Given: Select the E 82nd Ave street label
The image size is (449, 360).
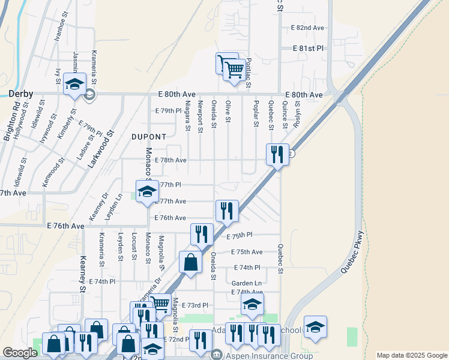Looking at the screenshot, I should [x=307, y=28].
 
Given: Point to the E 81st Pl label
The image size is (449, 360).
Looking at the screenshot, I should [x=308, y=48].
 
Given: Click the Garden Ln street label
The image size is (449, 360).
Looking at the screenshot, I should [x=247, y=283].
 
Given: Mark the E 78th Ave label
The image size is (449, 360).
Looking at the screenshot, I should [x=170, y=160].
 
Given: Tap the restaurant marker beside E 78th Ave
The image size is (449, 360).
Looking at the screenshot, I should [x=277, y=154].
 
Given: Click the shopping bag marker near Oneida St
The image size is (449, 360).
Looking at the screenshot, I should [x=190, y=263].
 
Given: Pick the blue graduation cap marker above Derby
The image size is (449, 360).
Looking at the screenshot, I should [x=75, y=85].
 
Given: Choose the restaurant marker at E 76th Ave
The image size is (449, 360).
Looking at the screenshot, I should [x=227, y=211].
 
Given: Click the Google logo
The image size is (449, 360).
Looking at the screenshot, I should [x=20, y=353].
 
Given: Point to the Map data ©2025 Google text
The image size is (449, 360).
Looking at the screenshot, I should [x=411, y=355].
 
